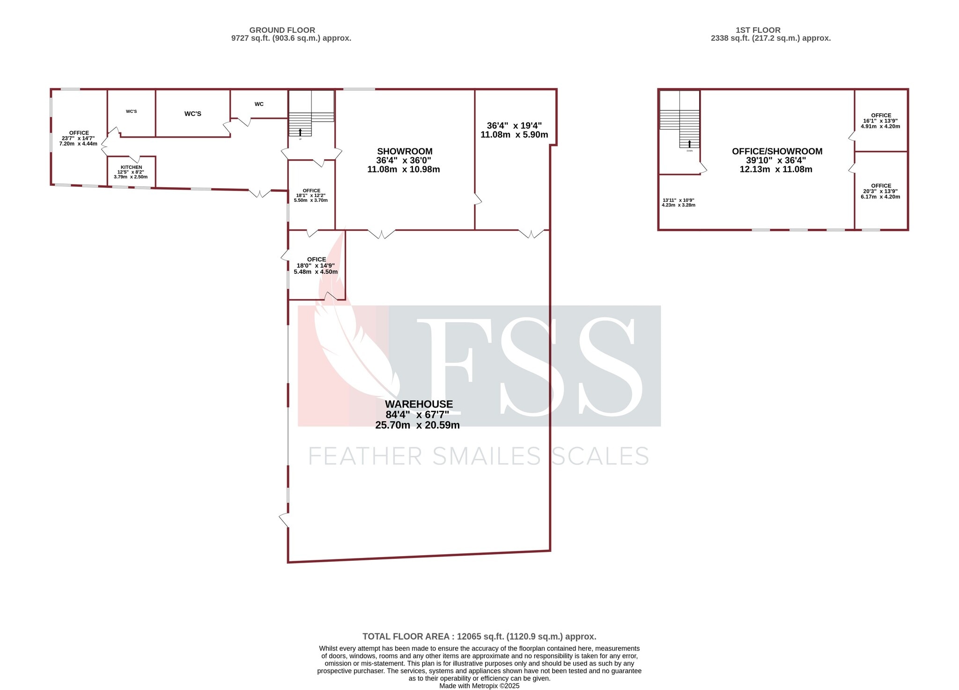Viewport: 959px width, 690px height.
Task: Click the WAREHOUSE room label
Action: tap(419, 404)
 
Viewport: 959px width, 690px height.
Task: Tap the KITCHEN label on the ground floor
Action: tap(131, 167)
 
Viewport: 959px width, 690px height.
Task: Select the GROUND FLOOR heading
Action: tap(282, 30)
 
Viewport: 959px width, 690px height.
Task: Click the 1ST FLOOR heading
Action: tap(758, 30)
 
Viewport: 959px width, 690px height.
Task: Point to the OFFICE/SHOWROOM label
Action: tap(777, 151)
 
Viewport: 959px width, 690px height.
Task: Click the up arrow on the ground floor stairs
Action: tap(300, 132)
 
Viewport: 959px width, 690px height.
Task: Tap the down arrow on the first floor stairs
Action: tap(689, 144)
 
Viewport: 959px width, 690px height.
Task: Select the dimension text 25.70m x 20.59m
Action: tap(417, 425)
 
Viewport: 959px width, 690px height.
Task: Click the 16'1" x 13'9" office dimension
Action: tap(880, 121)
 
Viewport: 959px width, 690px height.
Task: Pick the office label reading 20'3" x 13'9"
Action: tap(880, 191)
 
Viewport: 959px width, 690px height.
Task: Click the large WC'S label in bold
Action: tap(192, 114)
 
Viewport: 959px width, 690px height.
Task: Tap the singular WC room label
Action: tap(259, 104)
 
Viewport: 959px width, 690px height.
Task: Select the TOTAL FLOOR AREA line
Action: tap(479, 636)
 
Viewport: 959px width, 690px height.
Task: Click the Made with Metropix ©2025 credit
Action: tap(479, 686)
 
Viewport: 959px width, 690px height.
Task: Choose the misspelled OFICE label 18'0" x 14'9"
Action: tap(316, 259)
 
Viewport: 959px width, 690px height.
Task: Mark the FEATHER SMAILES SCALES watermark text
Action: tap(479, 456)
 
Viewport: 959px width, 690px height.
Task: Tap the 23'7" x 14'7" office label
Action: tap(78, 138)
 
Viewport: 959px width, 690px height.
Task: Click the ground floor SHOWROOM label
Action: tap(405, 151)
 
